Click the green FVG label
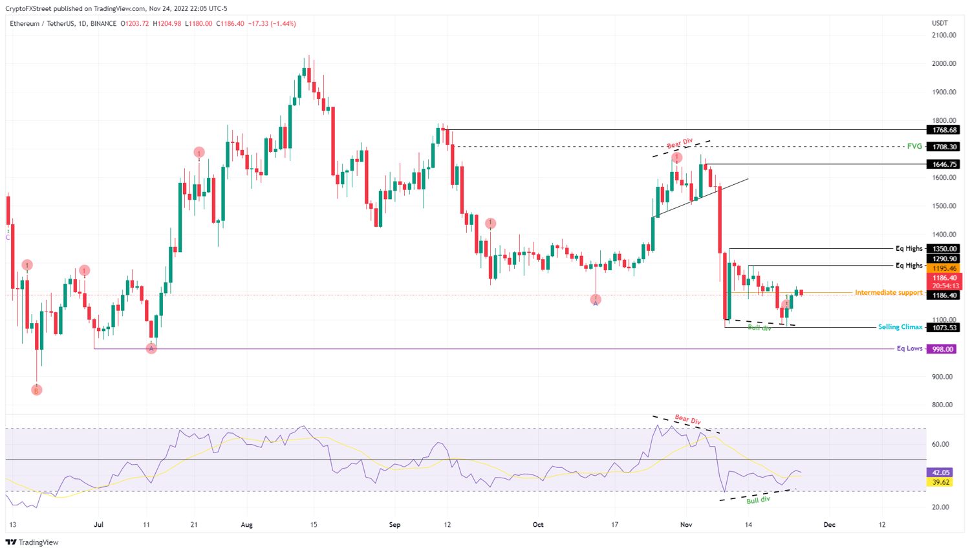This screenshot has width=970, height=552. (914, 146)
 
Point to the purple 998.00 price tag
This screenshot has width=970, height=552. (942, 349)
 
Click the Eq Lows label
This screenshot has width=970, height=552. (909, 348)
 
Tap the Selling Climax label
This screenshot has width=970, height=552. (900, 327)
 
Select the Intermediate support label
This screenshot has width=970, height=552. (889, 293)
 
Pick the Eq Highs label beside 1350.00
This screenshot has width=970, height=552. (909, 248)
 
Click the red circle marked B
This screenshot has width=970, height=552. (37, 390)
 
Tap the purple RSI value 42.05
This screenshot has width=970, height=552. (940, 472)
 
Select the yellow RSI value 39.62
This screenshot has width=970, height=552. (940, 482)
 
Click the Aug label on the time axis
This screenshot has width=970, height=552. (246, 525)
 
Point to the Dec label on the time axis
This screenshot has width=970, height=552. (829, 525)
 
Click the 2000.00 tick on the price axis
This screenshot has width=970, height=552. (944, 63)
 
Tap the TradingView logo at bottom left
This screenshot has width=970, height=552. (32, 542)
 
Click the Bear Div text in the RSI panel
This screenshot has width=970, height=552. (687, 419)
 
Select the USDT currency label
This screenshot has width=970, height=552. (940, 23)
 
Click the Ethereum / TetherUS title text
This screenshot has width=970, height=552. (41, 24)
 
